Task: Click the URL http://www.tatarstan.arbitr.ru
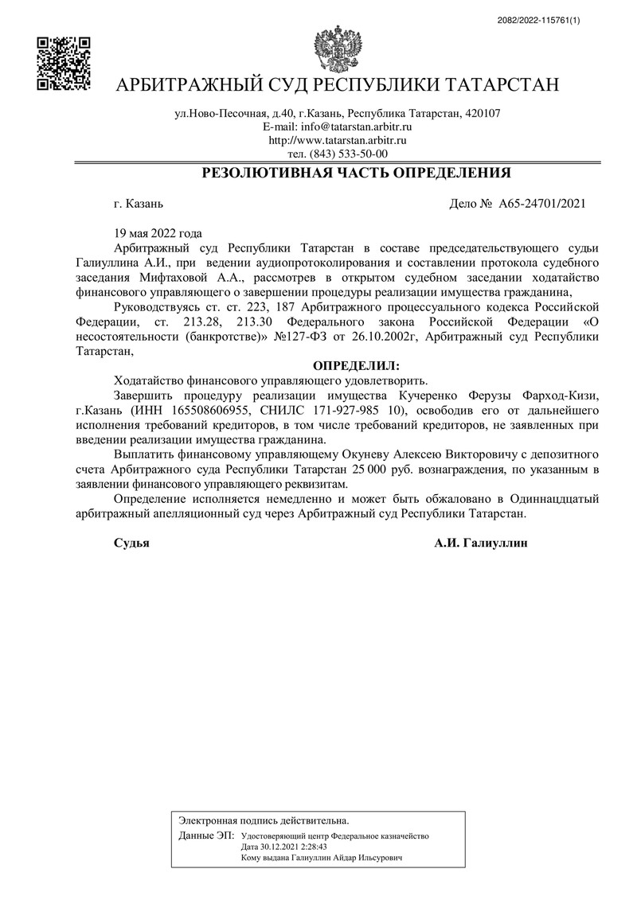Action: [338, 140]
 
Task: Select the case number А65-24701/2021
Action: [542, 204]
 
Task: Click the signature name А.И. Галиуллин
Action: [481, 543]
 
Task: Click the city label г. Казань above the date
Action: [139, 204]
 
